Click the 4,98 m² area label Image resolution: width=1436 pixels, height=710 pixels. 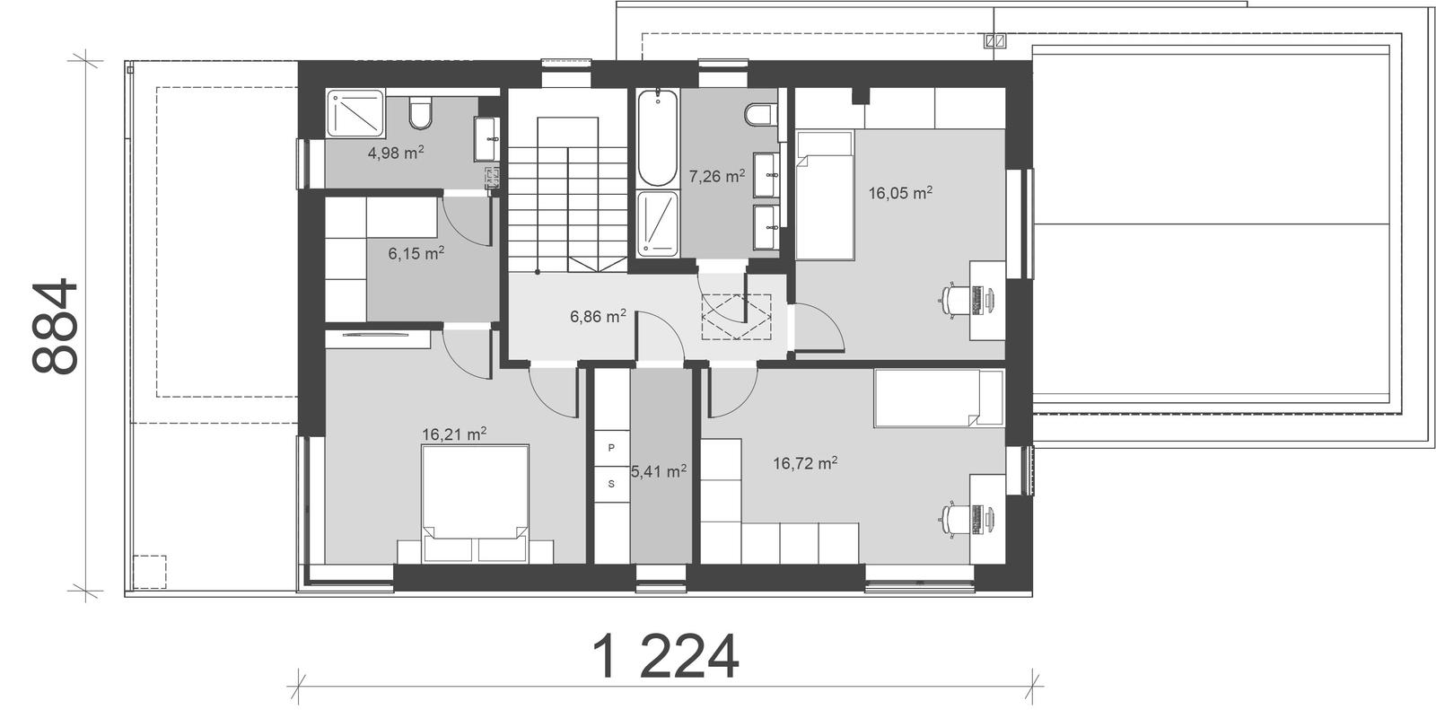pos(396,153)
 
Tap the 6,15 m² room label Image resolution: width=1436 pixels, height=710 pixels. pos(416,254)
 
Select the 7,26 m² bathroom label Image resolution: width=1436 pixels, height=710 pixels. pos(716,176)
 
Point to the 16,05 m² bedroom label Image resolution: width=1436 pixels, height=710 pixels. pos(900,192)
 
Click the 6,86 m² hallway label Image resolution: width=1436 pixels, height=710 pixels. pos(598,316)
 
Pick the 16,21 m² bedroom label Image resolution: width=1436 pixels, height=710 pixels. pos(454,434)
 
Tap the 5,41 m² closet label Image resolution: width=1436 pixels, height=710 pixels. pos(659,470)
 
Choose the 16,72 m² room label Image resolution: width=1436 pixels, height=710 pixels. pos(805,463)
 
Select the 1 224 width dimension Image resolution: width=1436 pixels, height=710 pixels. pos(666,657)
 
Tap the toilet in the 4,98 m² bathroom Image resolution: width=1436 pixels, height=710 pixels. pos(419,113)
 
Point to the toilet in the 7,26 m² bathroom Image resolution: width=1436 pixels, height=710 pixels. pos(758,116)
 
